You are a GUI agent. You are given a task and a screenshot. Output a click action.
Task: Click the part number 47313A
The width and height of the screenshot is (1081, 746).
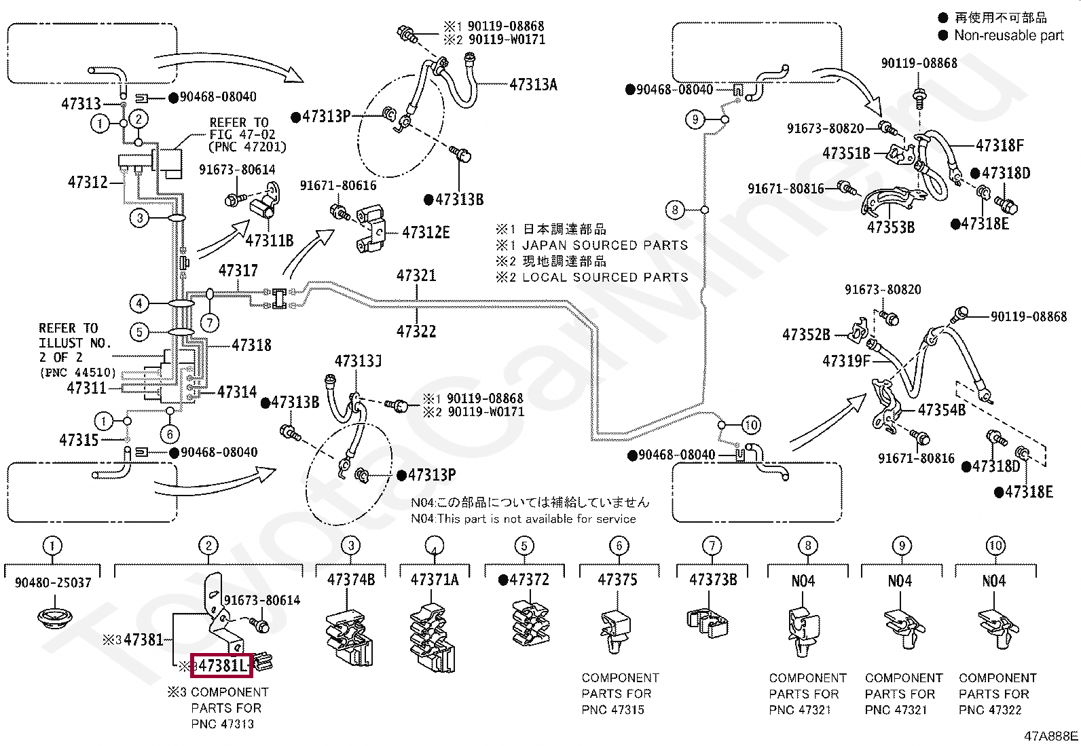click(x=533, y=84)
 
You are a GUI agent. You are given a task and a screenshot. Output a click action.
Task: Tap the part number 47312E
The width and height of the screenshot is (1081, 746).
click(x=426, y=233)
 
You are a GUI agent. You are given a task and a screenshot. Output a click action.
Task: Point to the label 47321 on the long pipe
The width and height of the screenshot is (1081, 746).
click(x=416, y=276)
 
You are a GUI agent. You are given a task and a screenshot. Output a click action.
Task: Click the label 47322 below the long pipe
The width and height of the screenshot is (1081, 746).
click(x=416, y=331)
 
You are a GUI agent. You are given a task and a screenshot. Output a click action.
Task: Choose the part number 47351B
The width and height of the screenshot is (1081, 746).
click(x=847, y=153)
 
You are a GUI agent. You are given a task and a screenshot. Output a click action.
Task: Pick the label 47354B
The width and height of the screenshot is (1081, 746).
click(x=942, y=410)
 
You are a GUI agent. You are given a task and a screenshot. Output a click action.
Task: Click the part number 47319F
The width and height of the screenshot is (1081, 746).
click(x=847, y=361)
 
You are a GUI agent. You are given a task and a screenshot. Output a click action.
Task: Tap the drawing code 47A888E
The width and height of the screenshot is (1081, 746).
click(x=1050, y=736)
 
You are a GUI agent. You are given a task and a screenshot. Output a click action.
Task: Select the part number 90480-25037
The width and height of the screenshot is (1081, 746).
click(x=53, y=583)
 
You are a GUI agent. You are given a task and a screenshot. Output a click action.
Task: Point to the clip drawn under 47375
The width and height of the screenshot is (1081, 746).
click(x=615, y=631)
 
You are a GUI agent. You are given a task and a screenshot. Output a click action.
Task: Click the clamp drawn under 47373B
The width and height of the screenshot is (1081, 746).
click(x=707, y=623)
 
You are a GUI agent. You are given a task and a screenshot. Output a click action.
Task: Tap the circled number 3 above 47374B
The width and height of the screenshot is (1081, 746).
click(x=351, y=546)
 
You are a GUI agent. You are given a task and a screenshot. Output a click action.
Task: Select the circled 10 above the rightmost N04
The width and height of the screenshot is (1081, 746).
click(x=995, y=546)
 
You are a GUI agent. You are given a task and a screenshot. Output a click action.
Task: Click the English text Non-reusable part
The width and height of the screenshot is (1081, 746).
click(x=1009, y=35)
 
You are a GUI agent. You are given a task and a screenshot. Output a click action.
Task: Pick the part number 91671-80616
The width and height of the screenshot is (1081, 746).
click(x=338, y=186)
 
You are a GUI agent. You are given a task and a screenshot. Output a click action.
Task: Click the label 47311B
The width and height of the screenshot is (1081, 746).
click(x=270, y=240)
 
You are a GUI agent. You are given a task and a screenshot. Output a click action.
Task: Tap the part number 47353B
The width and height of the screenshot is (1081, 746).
click(x=890, y=227)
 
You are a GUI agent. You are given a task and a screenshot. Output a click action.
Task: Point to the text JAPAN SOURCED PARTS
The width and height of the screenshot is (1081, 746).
click(x=605, y=245)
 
